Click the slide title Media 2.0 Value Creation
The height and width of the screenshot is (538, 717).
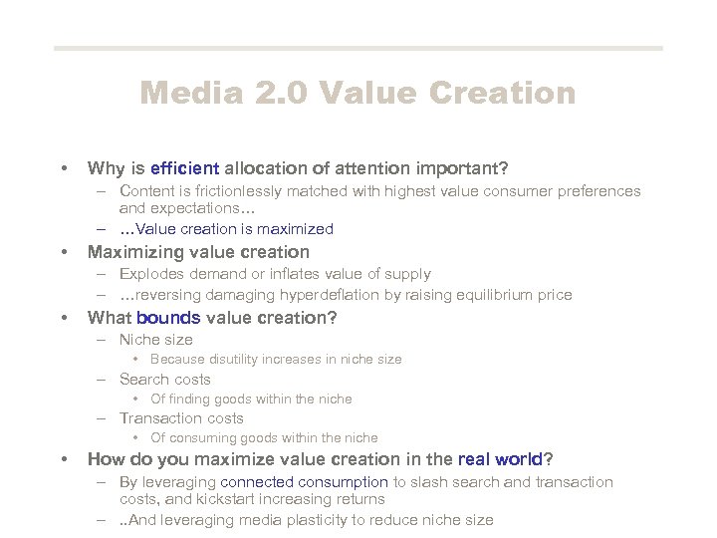(358, 93)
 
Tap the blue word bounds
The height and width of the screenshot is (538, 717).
(168, 318)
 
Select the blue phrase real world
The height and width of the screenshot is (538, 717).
(498, 459)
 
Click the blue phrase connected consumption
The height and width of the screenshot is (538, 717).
(305, 482)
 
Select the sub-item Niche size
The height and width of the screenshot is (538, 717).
(155, 340)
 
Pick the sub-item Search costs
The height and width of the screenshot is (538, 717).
(164, 380)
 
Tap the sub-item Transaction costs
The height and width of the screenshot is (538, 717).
(181, 418)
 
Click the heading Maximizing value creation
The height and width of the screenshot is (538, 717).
(198, 252)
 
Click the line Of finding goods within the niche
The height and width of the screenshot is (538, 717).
(251, 400)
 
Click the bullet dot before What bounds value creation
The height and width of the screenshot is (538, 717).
(64, 319)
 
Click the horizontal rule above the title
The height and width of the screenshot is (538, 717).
(358, 48)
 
